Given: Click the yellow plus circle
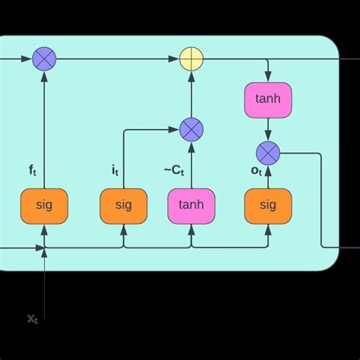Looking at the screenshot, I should (191, 58).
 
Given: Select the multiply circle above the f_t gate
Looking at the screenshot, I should (44, 58).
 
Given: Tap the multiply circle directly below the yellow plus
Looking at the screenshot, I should (191, 130).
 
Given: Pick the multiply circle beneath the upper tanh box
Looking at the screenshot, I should (268, 153).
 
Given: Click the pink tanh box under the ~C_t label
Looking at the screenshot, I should (191, 205).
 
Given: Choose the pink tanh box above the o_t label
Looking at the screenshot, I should (268, 99).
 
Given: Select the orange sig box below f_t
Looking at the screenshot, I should (44, 205).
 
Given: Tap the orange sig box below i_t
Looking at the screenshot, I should (124, 205).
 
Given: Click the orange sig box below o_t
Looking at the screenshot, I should (268, 205).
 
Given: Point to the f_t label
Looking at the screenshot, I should (33, 171).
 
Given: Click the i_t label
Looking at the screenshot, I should (115, 171).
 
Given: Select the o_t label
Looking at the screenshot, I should (257, 171).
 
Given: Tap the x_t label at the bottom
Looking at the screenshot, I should (33, 318).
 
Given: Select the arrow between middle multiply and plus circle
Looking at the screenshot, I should (191, 94).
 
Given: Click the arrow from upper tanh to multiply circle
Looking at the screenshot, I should (268, 129).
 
